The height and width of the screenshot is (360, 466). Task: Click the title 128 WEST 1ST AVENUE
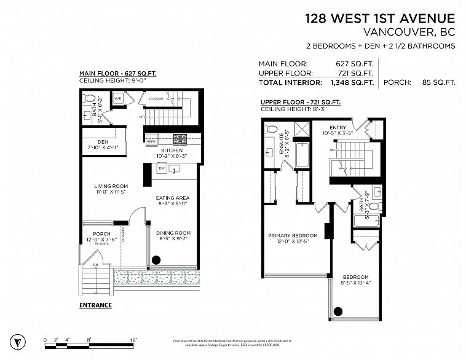pyautogui.click(x=380, y=19)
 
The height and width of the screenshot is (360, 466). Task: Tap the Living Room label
pyautogui.click(x=111, y=186)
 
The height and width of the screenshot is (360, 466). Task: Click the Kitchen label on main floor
pyautogui.click(x=172, y=151)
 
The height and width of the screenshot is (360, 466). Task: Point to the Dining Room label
pyautogui.click(x=173, y=233)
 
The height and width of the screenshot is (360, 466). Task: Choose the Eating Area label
pyautogui.click(x=172, y=198)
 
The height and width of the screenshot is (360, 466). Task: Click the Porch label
pyautogui.click(x=101, y=234)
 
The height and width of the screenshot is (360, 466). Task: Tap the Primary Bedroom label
pyautogui.click(x=293, y=235)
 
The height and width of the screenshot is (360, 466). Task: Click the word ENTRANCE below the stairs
pyautogui.click(x=95, y=305)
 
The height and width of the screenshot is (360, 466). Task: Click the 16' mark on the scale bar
pyautogui.click(x=133, y=339)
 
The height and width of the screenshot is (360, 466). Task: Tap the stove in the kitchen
pyautogui.click(x=179, y=139)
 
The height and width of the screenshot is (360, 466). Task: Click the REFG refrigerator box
pyautogui.click(x=151, y=141)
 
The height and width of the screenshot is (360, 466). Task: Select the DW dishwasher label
pyautogui.click(x=161, y=167)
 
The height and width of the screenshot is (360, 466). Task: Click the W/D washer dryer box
pyautogui.click(x=118, y=98)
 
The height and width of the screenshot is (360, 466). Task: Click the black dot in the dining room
pyautogui.click(x=156, y=259)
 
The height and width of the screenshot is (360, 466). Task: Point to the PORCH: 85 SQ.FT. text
pyautogui.click(x=419, y=82)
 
